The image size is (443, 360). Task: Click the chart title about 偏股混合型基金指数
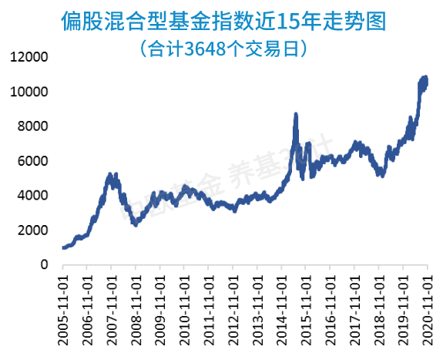[223, 22]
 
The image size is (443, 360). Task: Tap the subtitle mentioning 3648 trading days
[223, 49]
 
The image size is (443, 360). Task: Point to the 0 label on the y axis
[44, 265]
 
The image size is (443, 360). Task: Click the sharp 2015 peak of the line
[297, 115]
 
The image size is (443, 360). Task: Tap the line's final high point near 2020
[425, 77]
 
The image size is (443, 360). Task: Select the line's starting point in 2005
[63, 247]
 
